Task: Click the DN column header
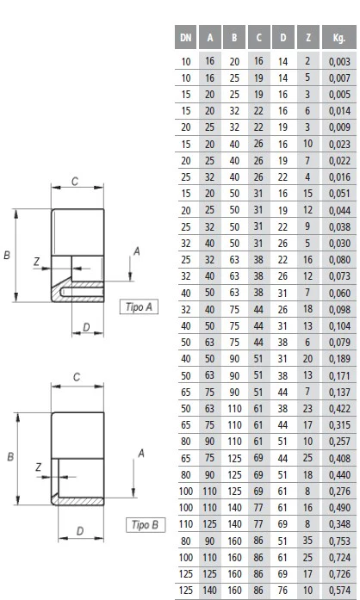click(x=186, y=38)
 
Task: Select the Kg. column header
click(x=339, y=38)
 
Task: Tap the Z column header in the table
click(x=308, y=38)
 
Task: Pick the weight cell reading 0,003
click(x=339, y=62)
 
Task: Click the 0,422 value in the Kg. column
click(x=339, y=409)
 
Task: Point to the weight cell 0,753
click(x=339, y=541)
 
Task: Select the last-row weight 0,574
click(x=339, y=591)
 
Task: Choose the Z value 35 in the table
click(x=307, y=541)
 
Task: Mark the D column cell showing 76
click(x=282, y=591)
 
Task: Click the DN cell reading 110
click(x=186, y=524)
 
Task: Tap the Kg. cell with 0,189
click(x=339, y=359)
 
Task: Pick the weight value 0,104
click(x=339, y=326)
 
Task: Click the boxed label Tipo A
click(x=139, y=307)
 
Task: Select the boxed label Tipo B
click(x=146, y=524)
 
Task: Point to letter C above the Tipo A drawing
click(x=75, y=181)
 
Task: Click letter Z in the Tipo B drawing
click(x=38, y=467)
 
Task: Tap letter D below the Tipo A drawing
click(x=86, y=327)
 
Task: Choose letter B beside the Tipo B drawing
click(x=10, y=456)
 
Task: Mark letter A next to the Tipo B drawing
click(x=141, y=454)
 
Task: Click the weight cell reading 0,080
click(x=339, y=260)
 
